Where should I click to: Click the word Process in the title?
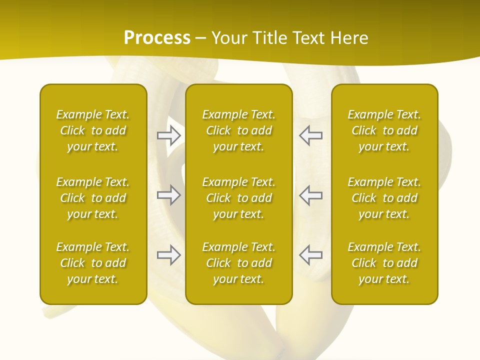point(157,38)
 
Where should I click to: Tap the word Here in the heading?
point(348,38)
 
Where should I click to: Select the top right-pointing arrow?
point(169,135)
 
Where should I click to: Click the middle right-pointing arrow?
point(169,194)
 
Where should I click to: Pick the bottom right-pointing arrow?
point(169,255)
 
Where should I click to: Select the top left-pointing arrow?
point(310,135)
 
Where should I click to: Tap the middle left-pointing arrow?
point(310,194)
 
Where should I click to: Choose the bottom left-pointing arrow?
point(310,255)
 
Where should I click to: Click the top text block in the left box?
point(93,130)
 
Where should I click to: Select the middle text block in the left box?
point(93,198)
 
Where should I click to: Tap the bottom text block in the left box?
point(93,263)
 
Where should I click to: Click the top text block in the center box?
point(239,130)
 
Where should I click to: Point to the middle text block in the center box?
point(239,198)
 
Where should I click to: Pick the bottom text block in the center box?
point(239,263)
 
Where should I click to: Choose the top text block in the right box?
point(384,130)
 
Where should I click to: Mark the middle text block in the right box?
point(384,198)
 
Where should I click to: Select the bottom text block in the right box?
point(384,263)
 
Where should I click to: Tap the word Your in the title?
point(227,38)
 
